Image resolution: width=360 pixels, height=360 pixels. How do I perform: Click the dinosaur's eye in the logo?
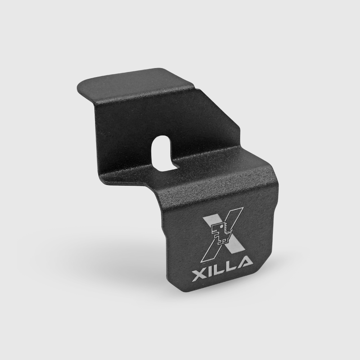[x=221, y=226]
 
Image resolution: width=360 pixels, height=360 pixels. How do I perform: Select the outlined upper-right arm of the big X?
[x=234, y=220]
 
